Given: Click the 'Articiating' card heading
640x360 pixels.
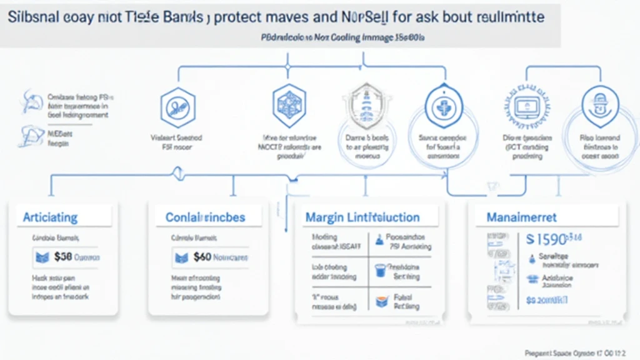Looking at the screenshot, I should point(50,217).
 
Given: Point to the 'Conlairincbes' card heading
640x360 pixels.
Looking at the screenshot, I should point(205,217).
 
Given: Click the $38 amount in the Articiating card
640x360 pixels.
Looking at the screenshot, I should point(63,256).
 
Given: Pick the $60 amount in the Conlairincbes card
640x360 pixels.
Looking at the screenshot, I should point(202,256).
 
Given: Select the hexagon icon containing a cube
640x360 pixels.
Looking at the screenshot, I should point(289,102).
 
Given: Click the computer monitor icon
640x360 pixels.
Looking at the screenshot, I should point(524,107).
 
